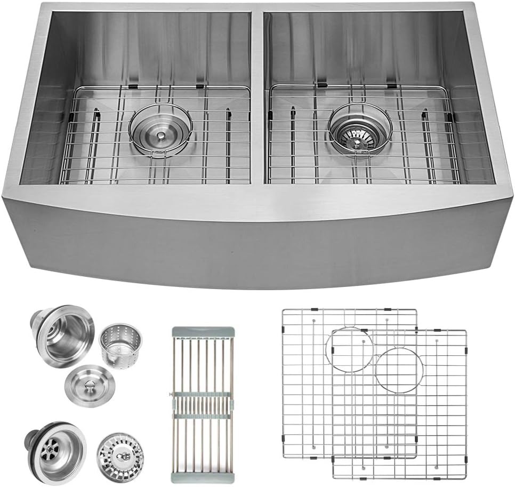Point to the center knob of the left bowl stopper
(x=159, y=137)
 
